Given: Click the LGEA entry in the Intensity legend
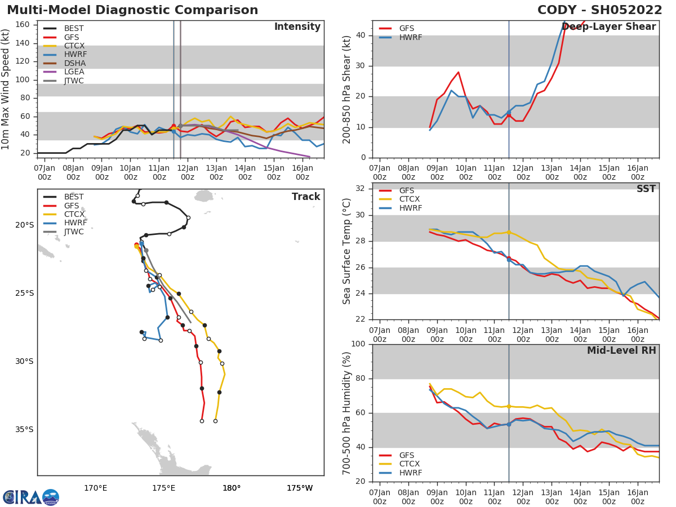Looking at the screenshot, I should [74, 72].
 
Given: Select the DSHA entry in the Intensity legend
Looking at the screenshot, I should [74, 63].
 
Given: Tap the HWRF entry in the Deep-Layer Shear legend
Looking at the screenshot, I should [410, 37].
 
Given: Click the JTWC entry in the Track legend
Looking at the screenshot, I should [74, 232].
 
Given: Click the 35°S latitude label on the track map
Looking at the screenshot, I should [24, 430].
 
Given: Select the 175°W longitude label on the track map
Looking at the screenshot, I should [300, 488].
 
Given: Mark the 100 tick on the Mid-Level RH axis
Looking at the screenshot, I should [357, 344].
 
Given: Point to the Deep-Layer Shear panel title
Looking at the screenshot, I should [608, 27].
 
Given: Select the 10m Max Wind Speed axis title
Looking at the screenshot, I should [6, 89].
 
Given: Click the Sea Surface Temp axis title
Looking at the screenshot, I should [348, 251].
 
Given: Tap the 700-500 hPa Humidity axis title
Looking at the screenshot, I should [348, 413].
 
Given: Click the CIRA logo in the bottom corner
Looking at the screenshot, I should [31, 497].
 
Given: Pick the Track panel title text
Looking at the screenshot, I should [305, 197].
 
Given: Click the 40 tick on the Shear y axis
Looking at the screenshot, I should [360, 35].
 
